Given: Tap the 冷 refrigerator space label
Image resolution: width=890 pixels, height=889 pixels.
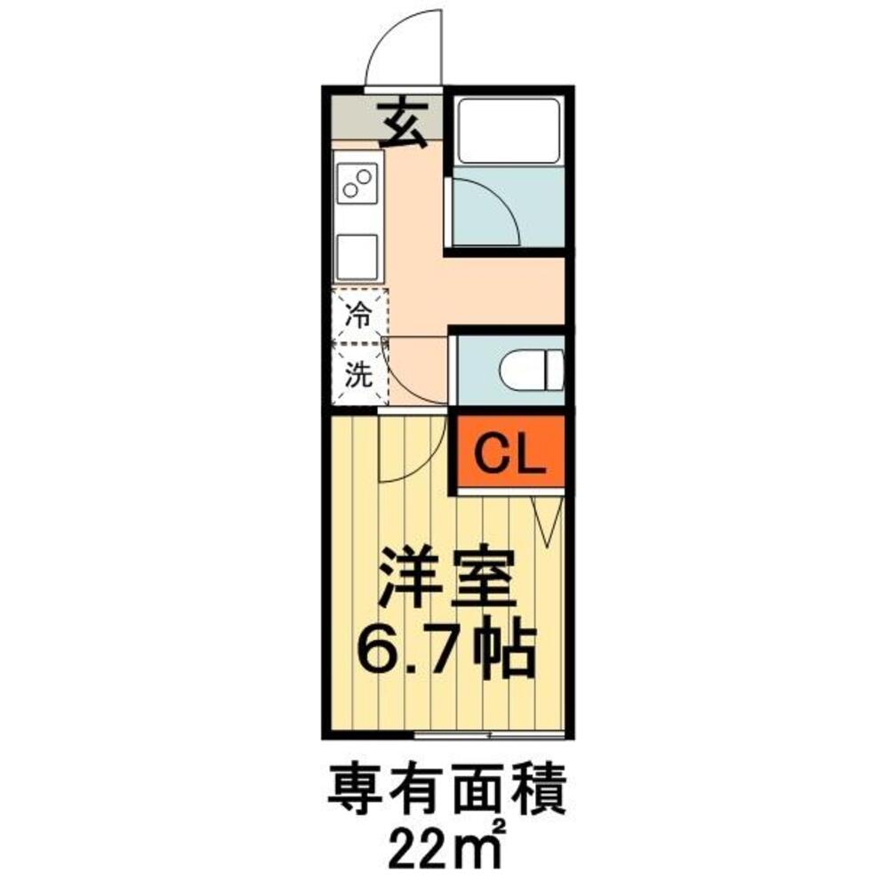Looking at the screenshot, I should (x=358, y=313).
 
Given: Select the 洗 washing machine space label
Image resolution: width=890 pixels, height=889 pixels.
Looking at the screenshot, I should (x=358, y=375).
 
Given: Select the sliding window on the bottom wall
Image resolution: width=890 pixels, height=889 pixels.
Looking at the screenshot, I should (x=489, y=736).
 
